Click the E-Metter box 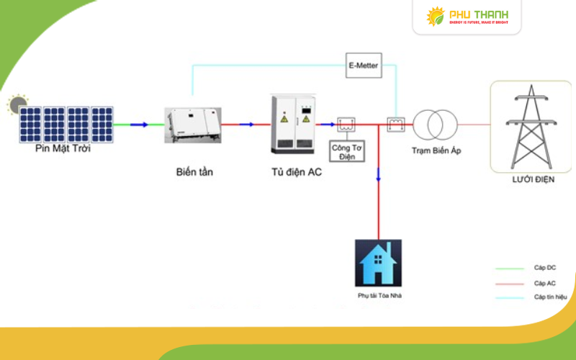click(363, 66)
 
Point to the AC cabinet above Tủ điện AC click(294, 123)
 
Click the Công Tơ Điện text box click(344, 151)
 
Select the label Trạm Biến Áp click(436, 150)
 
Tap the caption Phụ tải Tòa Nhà click(378, 296)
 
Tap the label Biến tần click(194, 172)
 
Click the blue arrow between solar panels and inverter click(139, 125)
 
